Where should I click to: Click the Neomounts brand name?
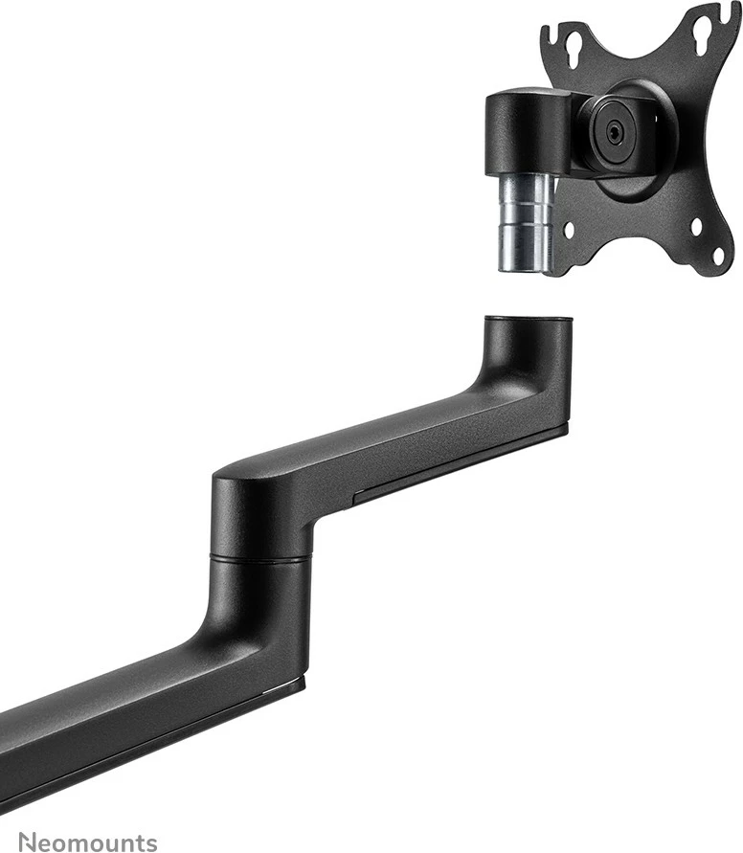(89, 842)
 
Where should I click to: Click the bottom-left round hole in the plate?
(569, 230)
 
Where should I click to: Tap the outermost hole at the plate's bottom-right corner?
(720, 256)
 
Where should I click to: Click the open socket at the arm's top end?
(529, 320)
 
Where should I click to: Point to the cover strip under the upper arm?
(460, 469)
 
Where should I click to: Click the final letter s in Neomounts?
(150, 842)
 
